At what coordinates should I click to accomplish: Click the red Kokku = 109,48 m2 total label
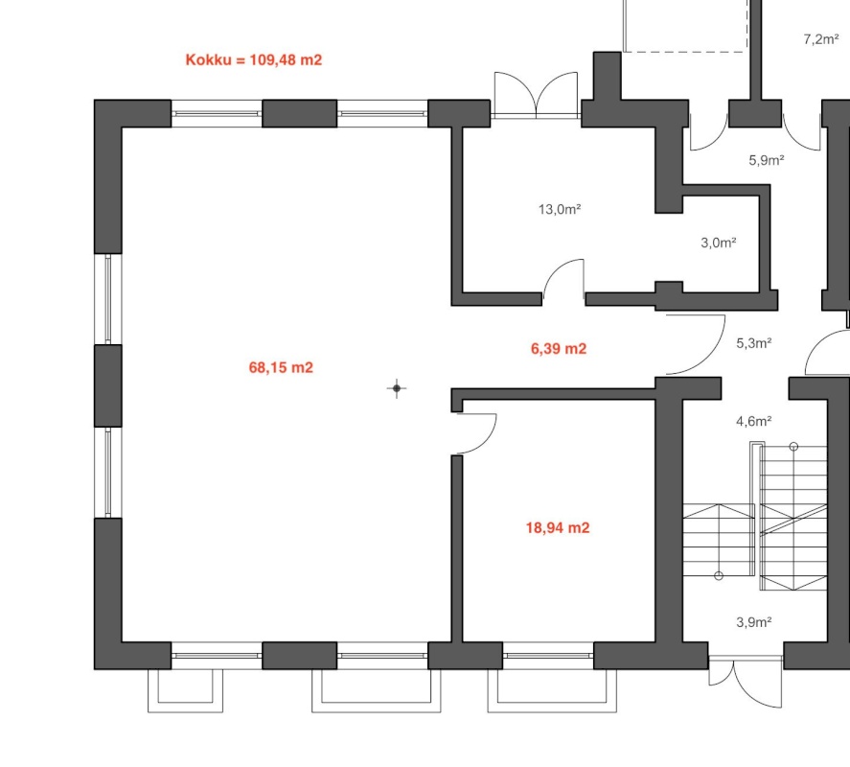[x=254, y=59]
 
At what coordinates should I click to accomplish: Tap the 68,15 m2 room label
[x=281, y=368]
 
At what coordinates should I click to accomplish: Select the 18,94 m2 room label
[x=558, y=527]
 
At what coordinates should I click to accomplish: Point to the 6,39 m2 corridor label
[x=559, y=348]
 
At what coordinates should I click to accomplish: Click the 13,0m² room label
[x=560, y=209]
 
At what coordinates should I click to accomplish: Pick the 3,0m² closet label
[x=719, y=243]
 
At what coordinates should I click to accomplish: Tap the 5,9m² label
[x=767, y=160]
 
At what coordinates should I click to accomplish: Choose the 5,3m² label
[x=754, y=343]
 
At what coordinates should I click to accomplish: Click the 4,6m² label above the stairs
[x=754, y=421]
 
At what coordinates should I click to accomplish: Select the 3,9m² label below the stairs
[x=754, y=622]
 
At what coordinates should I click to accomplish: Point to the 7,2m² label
[x=821, y=39]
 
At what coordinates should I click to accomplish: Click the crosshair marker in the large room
[x=397, y=388]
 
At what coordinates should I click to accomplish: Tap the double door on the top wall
[x=536, y=95]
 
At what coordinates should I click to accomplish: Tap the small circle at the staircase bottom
[x=719, y=576]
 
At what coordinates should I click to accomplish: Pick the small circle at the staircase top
[x=794, y=447]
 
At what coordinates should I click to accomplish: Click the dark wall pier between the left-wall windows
[x=108, y=385]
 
